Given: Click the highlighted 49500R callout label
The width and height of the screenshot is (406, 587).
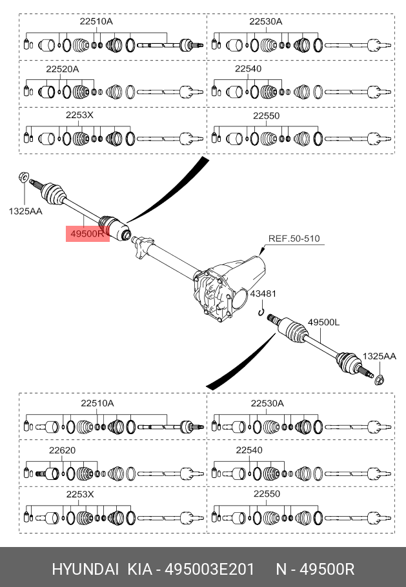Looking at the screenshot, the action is [88, 234].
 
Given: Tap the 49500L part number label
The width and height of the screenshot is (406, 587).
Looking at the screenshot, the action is [323, 322].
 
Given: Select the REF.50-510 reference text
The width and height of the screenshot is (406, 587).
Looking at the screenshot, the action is [294, 239].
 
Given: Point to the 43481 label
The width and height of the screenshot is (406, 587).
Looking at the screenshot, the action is [263, 293].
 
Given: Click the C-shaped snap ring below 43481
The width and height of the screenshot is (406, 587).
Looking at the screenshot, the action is [261, 312].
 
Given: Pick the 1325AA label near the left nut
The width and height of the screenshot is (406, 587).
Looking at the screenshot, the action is [25, 211].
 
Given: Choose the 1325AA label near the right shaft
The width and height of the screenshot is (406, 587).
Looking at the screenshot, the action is [380, 356].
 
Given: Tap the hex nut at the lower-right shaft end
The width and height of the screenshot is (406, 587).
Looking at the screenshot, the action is [379, 380].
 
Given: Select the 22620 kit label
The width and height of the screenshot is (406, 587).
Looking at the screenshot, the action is [62, 450].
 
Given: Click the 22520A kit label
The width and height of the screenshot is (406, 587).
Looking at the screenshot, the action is [63, 69].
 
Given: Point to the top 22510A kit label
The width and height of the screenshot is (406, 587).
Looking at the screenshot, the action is [96, 21].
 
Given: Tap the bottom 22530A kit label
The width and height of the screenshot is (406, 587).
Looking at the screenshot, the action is [267, 403].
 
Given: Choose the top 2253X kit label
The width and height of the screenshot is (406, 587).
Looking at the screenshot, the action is [79, 115].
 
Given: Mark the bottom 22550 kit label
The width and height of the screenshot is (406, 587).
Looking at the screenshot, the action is [267, 493].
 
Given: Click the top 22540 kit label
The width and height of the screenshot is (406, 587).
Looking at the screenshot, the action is [249, 69].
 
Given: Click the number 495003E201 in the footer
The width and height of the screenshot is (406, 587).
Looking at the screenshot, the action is [210, 570].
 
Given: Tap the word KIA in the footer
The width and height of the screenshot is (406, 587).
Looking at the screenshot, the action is [140, 570].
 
